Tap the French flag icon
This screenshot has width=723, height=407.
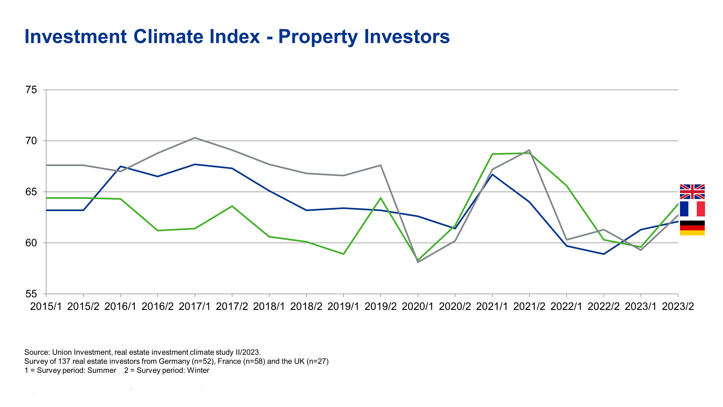coord(692,209)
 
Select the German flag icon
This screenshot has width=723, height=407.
coord(692,228)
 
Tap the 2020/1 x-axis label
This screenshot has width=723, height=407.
coord(418,306)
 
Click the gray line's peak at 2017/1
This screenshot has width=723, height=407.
coord(195,138)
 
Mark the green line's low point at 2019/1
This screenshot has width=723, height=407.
coord(344,254)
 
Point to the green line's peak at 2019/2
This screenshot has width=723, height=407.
coord(381,198)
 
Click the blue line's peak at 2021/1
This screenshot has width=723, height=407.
coord(492,174)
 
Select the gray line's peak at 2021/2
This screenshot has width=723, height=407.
coord(529,150)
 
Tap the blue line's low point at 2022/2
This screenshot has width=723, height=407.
coord(604,254)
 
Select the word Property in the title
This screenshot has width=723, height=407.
coord(318,37)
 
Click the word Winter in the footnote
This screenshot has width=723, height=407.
coord(198,370)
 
